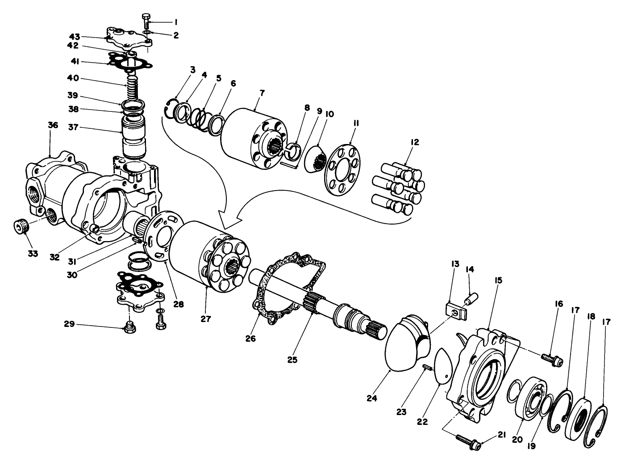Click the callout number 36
pos(53,126)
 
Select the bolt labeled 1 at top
pos(146,20)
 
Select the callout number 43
pos(74,37)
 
